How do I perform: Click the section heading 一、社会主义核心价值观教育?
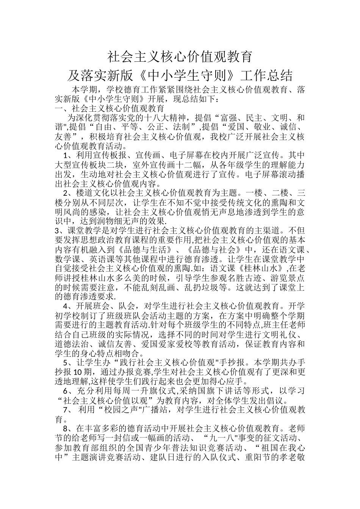click(x=104, y=109)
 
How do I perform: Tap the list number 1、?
click(x=67, y=155)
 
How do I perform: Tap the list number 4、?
click(x=67, y=306)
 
